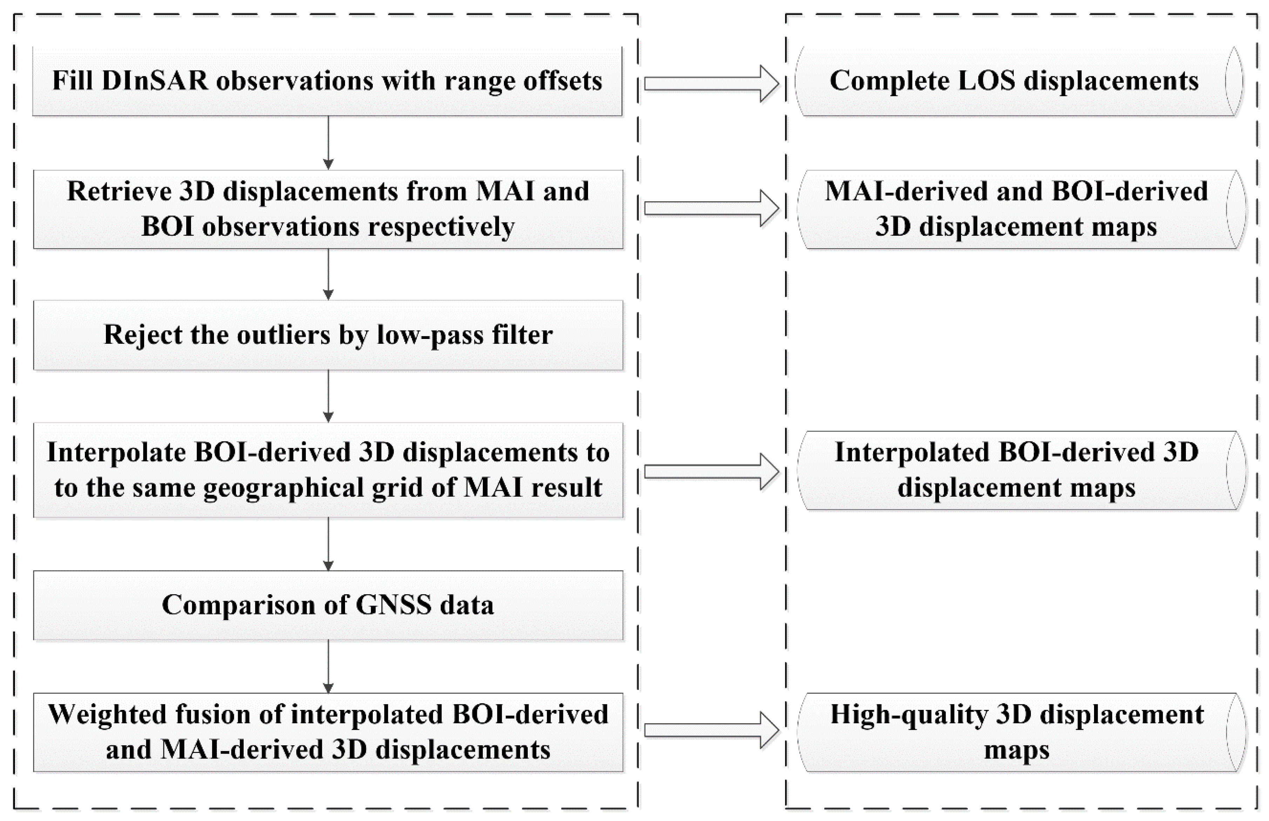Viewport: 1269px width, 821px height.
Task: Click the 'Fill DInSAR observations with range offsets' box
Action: [x=328, y=82]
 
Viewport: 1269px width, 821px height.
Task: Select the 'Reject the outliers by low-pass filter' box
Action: [x=328, y=335]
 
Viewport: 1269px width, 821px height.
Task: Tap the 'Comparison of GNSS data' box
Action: [x=328, y=605]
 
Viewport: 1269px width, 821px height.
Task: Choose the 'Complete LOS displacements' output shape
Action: [x=1018, y=82]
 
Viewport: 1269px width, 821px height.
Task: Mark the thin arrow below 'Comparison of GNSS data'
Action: [x=329, y=666]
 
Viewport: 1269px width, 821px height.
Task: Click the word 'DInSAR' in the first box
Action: [x=155, y=82]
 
